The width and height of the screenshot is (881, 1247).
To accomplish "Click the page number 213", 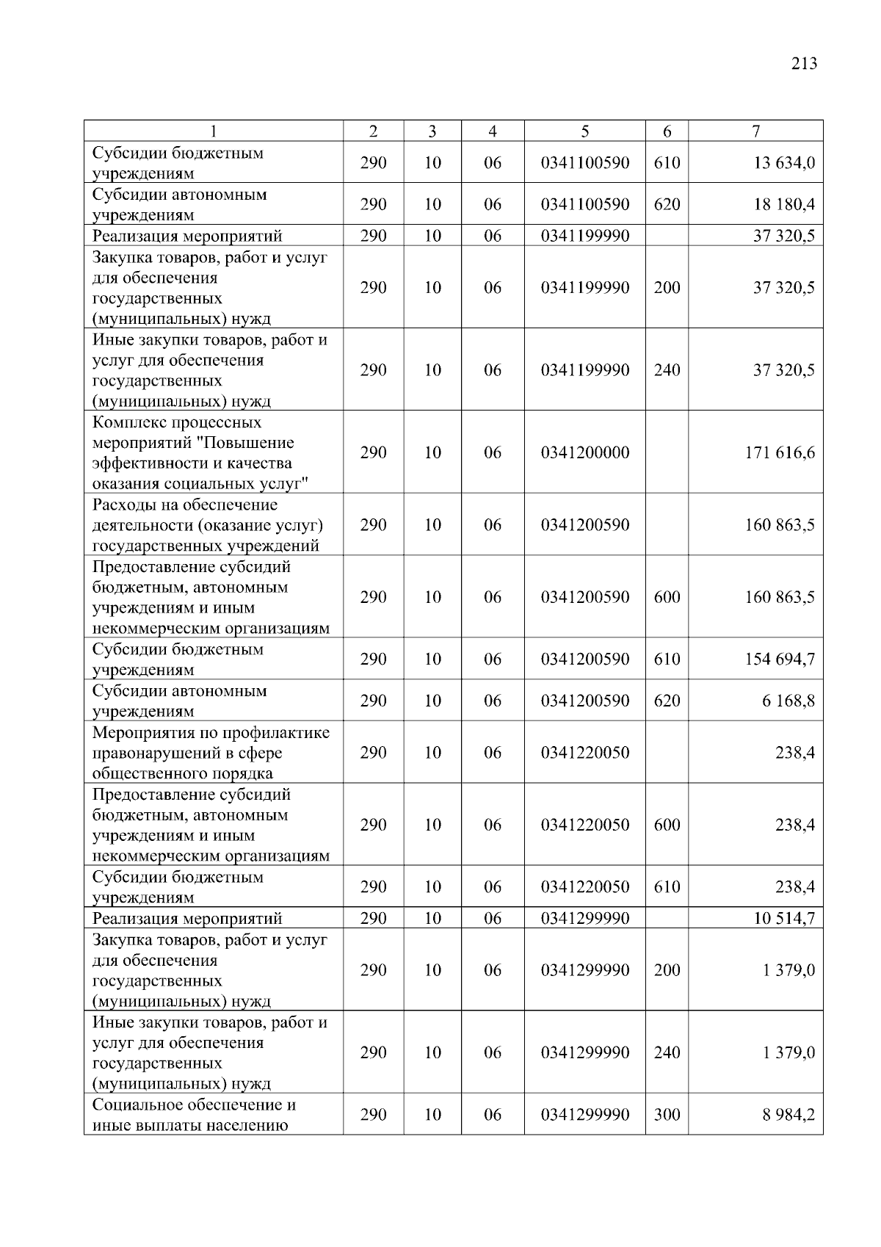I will (x=804, y=64).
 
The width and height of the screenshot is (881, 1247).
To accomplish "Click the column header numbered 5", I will (x=584, y=131).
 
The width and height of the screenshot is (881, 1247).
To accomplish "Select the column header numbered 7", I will (x=755, y=131).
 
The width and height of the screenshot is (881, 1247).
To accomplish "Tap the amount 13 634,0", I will (x=783, y=163).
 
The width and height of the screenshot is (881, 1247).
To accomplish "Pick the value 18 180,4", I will (x=783, y=204).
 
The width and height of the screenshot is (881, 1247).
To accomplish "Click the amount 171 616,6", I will (x=779, y=452).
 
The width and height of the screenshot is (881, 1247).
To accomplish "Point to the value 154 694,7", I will (x=779, y=659).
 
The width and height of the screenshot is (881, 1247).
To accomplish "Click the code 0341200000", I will (x=584, y=452).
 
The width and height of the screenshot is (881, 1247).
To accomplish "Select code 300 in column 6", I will (x=667, y=1115).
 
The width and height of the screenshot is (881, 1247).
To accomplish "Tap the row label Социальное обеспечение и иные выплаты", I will (x=194, y=1115).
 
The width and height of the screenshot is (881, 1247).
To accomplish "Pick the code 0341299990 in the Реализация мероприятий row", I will (x=584, y=918).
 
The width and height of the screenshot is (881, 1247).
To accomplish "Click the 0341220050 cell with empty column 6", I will (x=584, y=753).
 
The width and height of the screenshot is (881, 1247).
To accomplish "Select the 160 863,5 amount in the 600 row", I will (x=779, y=597).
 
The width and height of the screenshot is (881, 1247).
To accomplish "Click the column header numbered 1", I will (x=213, y=131).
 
